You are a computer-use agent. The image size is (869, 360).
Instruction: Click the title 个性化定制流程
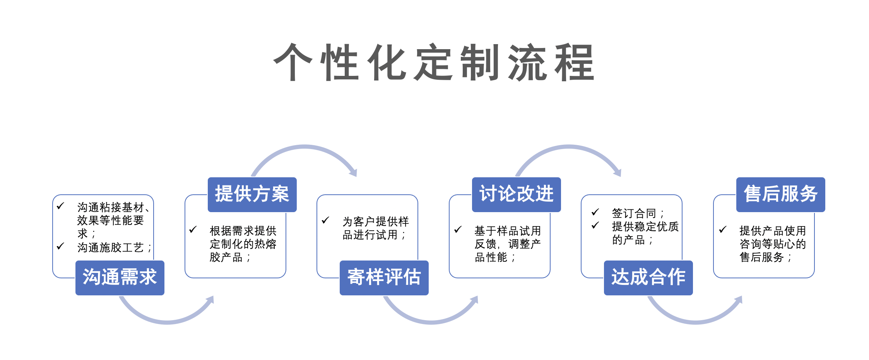click(x=434, y=62)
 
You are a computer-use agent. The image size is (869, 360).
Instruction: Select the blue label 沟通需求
click(x=120, y=278)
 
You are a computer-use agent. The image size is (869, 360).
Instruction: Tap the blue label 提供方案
click(x=252, y=195)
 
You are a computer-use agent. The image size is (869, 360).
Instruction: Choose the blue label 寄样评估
click(x=384, y=278)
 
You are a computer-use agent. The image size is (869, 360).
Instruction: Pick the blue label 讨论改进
click(x=517, y=195)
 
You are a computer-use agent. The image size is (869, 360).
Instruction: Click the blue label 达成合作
click(x=648, y=278)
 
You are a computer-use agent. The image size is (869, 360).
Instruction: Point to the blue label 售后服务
click(x=781, y=195)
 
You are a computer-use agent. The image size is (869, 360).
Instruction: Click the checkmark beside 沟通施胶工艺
click(x=60, y=246)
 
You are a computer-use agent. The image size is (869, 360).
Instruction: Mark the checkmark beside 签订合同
click(x=595, y=212)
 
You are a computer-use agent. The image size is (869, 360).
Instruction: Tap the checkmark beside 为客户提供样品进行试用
click(x=325, y=220)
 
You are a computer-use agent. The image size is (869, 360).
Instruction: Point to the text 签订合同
click(x=638, y=213)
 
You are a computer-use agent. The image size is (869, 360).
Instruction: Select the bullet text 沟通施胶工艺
click(x=114, y=247)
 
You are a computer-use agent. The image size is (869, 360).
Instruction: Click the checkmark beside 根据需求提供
click(x=193, y=230)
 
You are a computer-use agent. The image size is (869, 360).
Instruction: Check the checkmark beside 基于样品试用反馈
click(x=458, y=230)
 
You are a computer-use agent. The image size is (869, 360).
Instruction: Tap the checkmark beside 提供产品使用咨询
click(x=723, y=230)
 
